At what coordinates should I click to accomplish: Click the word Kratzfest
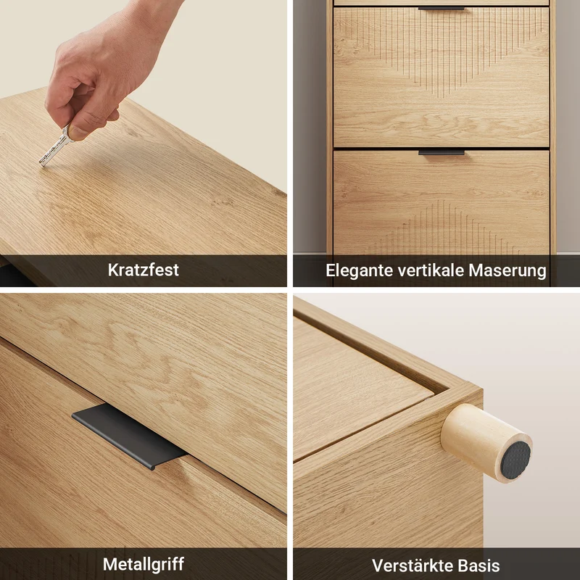143,270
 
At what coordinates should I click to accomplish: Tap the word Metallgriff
144,564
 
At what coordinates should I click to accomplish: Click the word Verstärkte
413,565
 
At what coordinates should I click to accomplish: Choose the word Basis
478,565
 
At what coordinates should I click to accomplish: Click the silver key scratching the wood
56,147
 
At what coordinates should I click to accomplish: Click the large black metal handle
130,436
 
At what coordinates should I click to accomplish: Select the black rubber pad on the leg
515,460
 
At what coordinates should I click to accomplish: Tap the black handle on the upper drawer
441,8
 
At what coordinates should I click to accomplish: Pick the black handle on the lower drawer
442,152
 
